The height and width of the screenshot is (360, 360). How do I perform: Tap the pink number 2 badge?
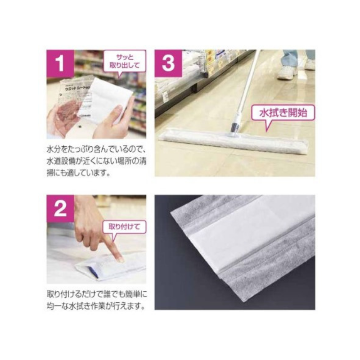[60, 208]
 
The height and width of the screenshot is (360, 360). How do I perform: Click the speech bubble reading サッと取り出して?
[125, 61]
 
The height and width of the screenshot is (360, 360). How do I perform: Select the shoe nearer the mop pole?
[286, 72]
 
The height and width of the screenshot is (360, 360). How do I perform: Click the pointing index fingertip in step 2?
[120, 259]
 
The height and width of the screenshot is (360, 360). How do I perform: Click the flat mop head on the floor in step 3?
[234, 140]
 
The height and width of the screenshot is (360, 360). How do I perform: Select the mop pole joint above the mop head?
[235, 126]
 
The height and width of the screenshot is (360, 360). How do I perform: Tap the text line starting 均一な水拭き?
[95, 307]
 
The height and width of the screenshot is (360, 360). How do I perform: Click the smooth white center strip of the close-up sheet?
[252, 234]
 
